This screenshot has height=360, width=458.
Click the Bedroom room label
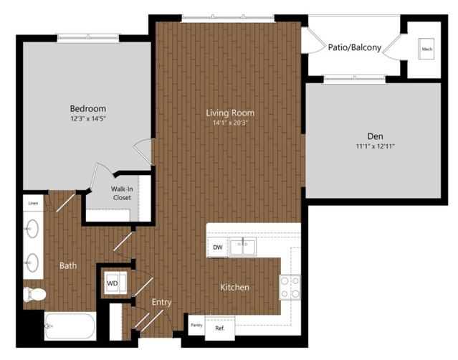[88, 109]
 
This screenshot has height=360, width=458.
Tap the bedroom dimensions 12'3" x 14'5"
[88, 118]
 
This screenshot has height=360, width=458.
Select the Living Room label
[230, 113]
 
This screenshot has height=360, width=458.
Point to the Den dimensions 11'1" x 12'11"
[375, 146]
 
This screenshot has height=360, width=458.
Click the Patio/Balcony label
[355, 47]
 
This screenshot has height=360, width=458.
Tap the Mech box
[426, 49]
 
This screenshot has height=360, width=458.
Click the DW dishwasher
[218, 247]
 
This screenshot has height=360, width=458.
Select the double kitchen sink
[242, 246]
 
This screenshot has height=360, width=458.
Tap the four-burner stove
[290, 287]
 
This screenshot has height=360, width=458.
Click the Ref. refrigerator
[220, 328]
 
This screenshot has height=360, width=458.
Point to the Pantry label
[196, 325]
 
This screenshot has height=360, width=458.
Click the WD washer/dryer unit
[115, 283]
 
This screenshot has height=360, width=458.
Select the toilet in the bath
[34, 294]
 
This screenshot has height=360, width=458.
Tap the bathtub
[70, 326]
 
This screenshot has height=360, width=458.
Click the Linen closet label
[33, 203]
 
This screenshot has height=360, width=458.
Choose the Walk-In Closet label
[122, 193]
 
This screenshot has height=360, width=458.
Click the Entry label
[161, 302]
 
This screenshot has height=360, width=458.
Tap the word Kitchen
[235, 288]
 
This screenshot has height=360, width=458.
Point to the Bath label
[68, 265]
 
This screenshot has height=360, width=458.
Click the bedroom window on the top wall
[88, 38]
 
